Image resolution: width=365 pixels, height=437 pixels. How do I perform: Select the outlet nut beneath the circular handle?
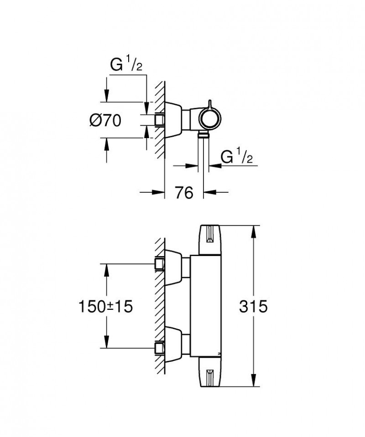(x=203, y=135)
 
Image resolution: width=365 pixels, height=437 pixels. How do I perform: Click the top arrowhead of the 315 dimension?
(x=252, y=231)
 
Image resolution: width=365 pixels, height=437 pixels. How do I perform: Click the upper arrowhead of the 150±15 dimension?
(x=107, y=269)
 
